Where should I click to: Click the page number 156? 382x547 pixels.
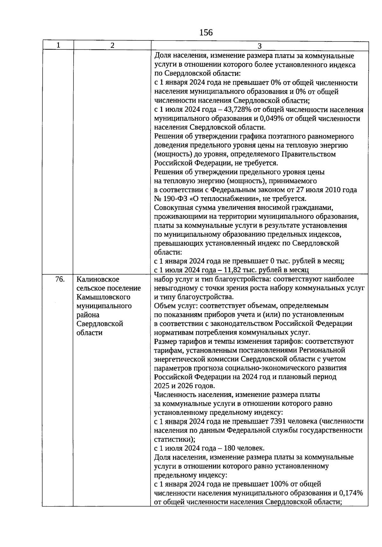pos(206,32)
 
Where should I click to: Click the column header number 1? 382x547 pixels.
pos(58,45)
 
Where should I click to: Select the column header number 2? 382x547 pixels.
pos(112,45)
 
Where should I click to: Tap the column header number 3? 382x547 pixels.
pos(259,46)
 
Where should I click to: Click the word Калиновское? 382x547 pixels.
pos(98,279)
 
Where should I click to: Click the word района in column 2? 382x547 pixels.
pos(88,315)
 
